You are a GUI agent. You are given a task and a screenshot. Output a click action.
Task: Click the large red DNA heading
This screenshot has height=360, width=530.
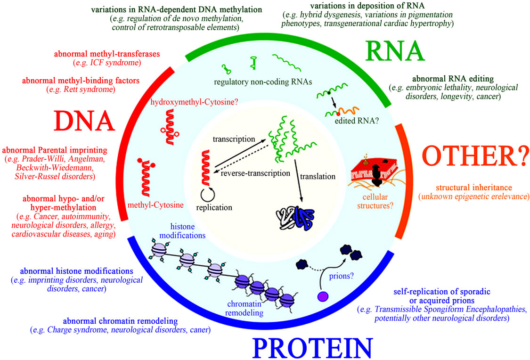click(84, 121)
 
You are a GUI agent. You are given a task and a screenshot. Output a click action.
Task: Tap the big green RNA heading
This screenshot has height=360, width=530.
click(394, 51)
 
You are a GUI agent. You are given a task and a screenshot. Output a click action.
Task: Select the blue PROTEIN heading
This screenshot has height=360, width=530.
click(312, 348)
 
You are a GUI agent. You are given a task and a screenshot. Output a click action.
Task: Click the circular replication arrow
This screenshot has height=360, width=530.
click(208, 194)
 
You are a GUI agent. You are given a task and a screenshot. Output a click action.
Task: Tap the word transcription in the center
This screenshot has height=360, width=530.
click(234, 139)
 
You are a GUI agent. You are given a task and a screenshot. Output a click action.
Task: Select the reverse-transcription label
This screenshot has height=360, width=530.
click(255, 173)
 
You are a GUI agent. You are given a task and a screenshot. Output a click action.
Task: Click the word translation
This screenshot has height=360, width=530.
click(318, 176)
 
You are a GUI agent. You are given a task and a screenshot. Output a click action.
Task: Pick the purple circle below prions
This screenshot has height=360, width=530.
click(323, 296)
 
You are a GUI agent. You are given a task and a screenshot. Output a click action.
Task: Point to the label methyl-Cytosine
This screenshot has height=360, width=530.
click(155, 205)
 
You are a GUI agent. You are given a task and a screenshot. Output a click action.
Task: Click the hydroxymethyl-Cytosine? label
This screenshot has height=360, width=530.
click(195, 102)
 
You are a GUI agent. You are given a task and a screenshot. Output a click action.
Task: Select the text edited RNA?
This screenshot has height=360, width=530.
click(357, 121)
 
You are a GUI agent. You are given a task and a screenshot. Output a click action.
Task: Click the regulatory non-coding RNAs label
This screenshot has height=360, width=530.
click(263, 82)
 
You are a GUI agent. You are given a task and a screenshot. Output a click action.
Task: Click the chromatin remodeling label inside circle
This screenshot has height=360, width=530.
click(245, 308)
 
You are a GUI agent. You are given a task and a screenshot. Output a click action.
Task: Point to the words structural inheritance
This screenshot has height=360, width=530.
click(474, 187)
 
